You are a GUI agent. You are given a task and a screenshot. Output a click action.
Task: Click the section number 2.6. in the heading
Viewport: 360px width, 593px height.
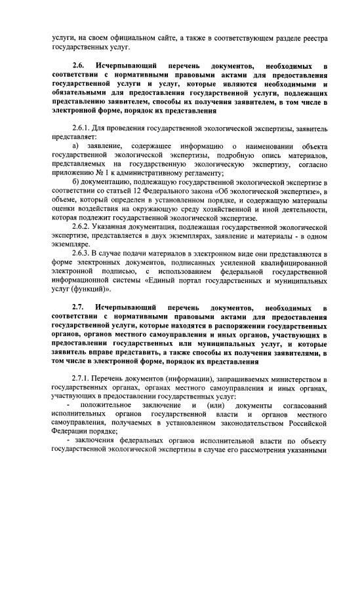click(x=80, y=67)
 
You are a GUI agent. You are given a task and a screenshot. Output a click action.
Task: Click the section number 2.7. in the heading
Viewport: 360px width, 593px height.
click(x=80, y=307)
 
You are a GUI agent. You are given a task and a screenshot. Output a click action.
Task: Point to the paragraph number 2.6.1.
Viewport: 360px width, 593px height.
click(x=83, y=126)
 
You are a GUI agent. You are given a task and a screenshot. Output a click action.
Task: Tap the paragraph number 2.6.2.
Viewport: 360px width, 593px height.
click(x=83, y=226)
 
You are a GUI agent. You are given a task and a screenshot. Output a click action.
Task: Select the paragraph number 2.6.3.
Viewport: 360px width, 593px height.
click(x=83, y=252)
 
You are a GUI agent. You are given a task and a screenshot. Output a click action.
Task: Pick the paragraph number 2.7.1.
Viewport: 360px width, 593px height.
click(x=83, y=379)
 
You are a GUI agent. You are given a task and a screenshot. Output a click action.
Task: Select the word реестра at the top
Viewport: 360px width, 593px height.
click(x=315, y=37)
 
